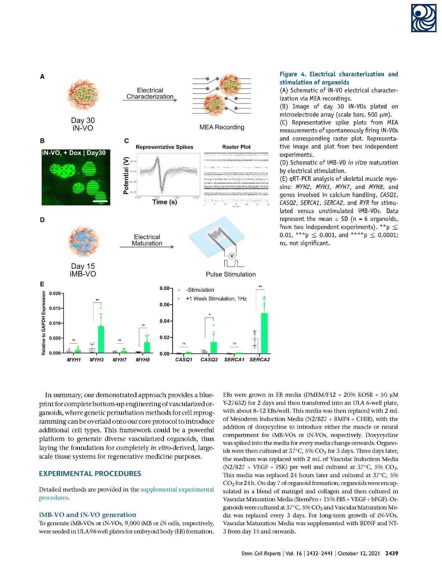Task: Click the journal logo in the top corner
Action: [x=423, y=18]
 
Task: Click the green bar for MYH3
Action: [x=101, y=339]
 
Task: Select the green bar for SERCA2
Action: [x=264, y=333]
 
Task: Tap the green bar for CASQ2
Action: [x=213, y=348]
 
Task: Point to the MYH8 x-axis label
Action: [x=142, y=360]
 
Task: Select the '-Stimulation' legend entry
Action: [x=200, y=290]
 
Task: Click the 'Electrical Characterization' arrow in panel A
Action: [x=150, y=100]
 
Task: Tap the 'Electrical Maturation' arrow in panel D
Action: [x=147, y=247]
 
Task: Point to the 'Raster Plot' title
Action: [x=236, y=147]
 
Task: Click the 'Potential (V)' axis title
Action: [x=126, y=175]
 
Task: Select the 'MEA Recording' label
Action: [x=222, y=127]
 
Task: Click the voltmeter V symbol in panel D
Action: [x=232, y=256]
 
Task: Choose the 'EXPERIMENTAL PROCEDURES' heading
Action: [x=90, y=474]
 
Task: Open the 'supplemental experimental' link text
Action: [x=177, y=489]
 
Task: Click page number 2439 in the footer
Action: [x=391, y=553]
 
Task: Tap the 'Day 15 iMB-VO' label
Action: [x=83, y=270]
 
